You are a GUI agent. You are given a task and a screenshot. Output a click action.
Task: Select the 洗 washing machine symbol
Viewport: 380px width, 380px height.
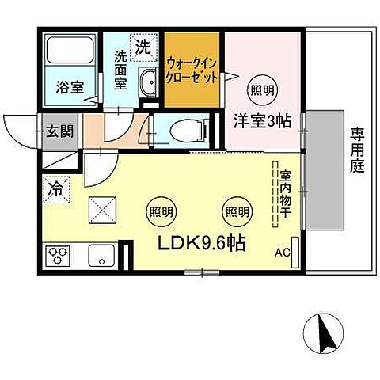143,47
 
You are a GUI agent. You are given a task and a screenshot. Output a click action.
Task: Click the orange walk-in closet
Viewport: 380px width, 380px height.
192,71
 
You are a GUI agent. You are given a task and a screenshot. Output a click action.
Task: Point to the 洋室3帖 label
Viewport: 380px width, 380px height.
260,121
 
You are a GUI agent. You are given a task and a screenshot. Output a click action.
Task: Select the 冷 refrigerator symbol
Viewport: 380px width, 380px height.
57,190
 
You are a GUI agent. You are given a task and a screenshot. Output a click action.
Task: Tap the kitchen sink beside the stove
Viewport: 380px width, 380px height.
101,256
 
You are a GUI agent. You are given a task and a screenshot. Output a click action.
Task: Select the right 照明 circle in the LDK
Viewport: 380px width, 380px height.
234,211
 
